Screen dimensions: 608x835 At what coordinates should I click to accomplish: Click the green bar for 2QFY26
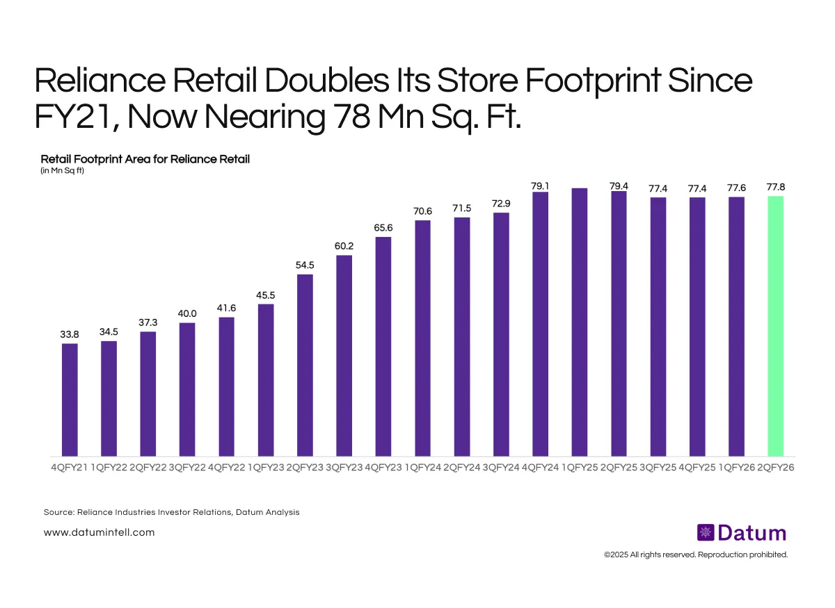pyautogui.click(x=775, y=326)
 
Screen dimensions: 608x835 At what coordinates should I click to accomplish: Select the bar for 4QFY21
pyautogui.click(x=70, y=400)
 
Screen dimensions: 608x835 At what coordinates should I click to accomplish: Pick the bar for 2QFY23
pyautogui.click(x=305, y=365)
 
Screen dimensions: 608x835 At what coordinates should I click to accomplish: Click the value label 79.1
pyautogui.click(x=540, y=186)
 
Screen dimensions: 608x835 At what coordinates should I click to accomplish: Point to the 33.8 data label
pyautogui.click(x=70, y=335)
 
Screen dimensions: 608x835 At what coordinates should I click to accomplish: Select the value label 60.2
pyautogui.click(x=344, y=247)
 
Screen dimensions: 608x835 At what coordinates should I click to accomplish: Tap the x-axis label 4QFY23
pyautogui.click(x=383, y=468)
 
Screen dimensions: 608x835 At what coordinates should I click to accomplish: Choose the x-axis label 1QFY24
pyautogui.click(x=422, y=468)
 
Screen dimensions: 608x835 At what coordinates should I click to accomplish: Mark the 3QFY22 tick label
pyautogui.click(x=187, y=468)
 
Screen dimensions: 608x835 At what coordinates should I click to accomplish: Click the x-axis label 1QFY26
pyautogui.click(x=736, y=468)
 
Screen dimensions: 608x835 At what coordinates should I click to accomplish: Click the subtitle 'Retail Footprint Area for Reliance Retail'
pyautogui.click(x=145, y=159)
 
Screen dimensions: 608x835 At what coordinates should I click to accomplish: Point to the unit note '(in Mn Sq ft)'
pyautogui.click(x=62, y=170)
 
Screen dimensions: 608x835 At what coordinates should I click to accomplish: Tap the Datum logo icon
pyautogui.click(x=705, y=533)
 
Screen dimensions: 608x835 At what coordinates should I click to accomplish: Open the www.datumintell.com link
pyautogui.click(x=99, y=532)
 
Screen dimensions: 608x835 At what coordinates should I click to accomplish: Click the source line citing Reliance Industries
pyautogui.click(x=171, y=512)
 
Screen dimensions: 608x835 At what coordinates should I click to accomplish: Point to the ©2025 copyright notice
pyautogui.click(x=696, y=554)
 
